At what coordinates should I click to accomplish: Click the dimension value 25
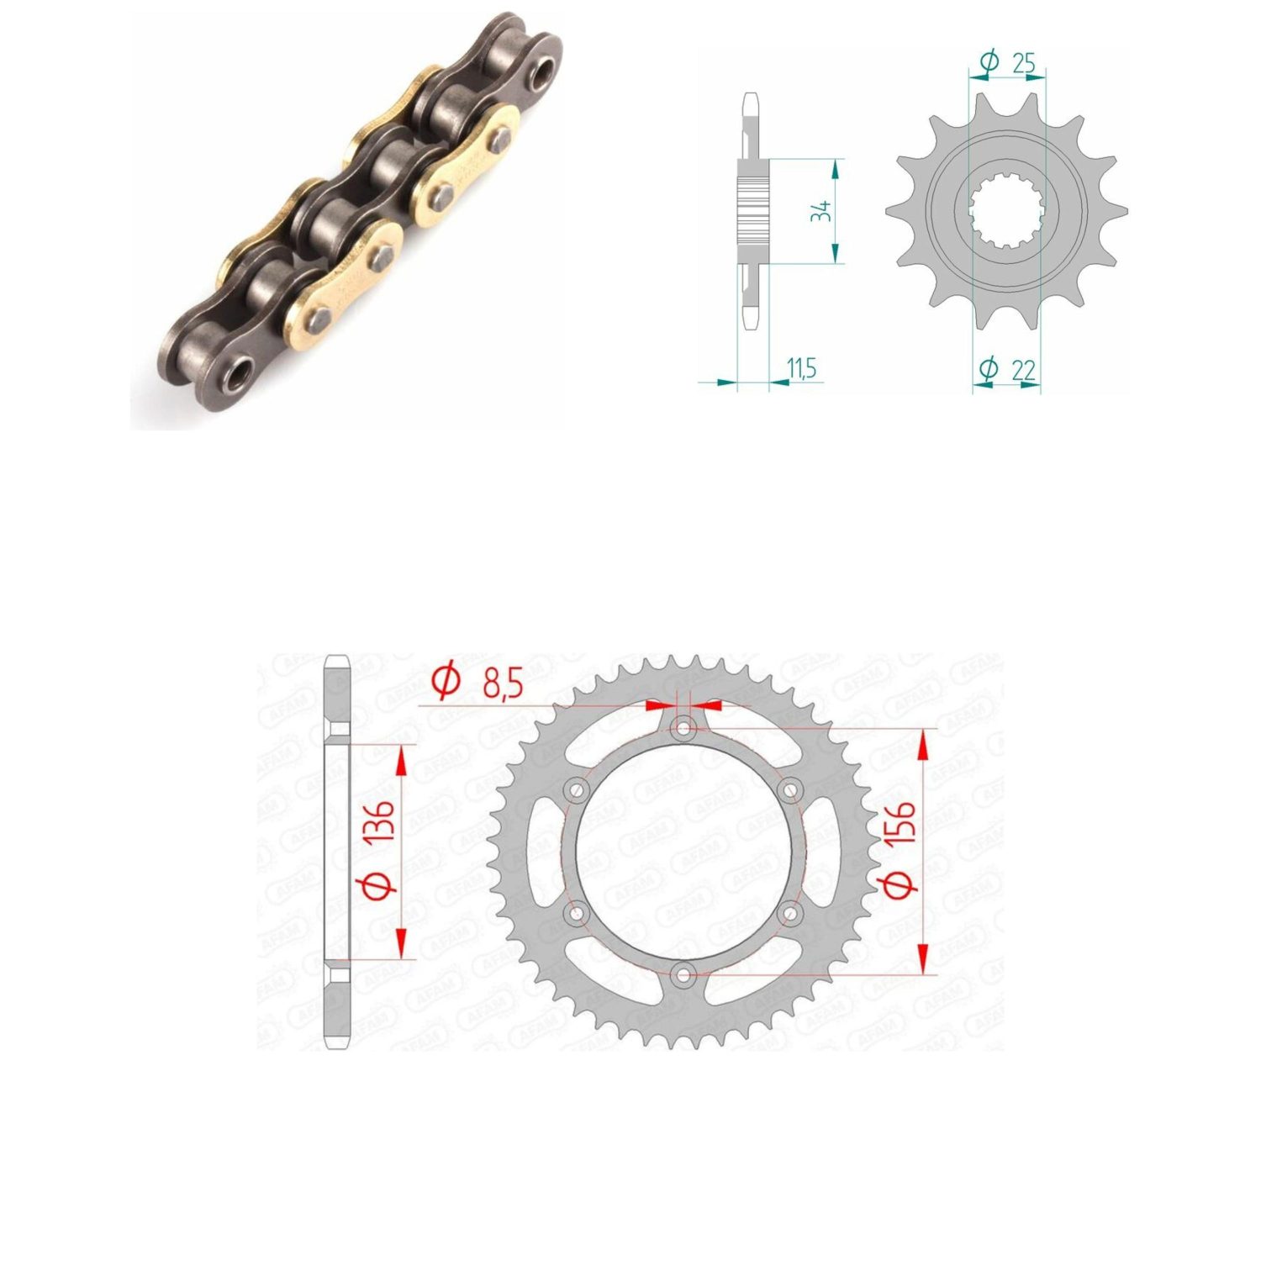click(x=1023, y=63)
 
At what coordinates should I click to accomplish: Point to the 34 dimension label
click(x=820, y=210)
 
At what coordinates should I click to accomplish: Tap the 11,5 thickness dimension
click(x=801, y=367)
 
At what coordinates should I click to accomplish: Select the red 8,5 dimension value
click(x=502, y=684)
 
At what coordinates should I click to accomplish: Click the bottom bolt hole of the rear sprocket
click(x=684, y=975)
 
